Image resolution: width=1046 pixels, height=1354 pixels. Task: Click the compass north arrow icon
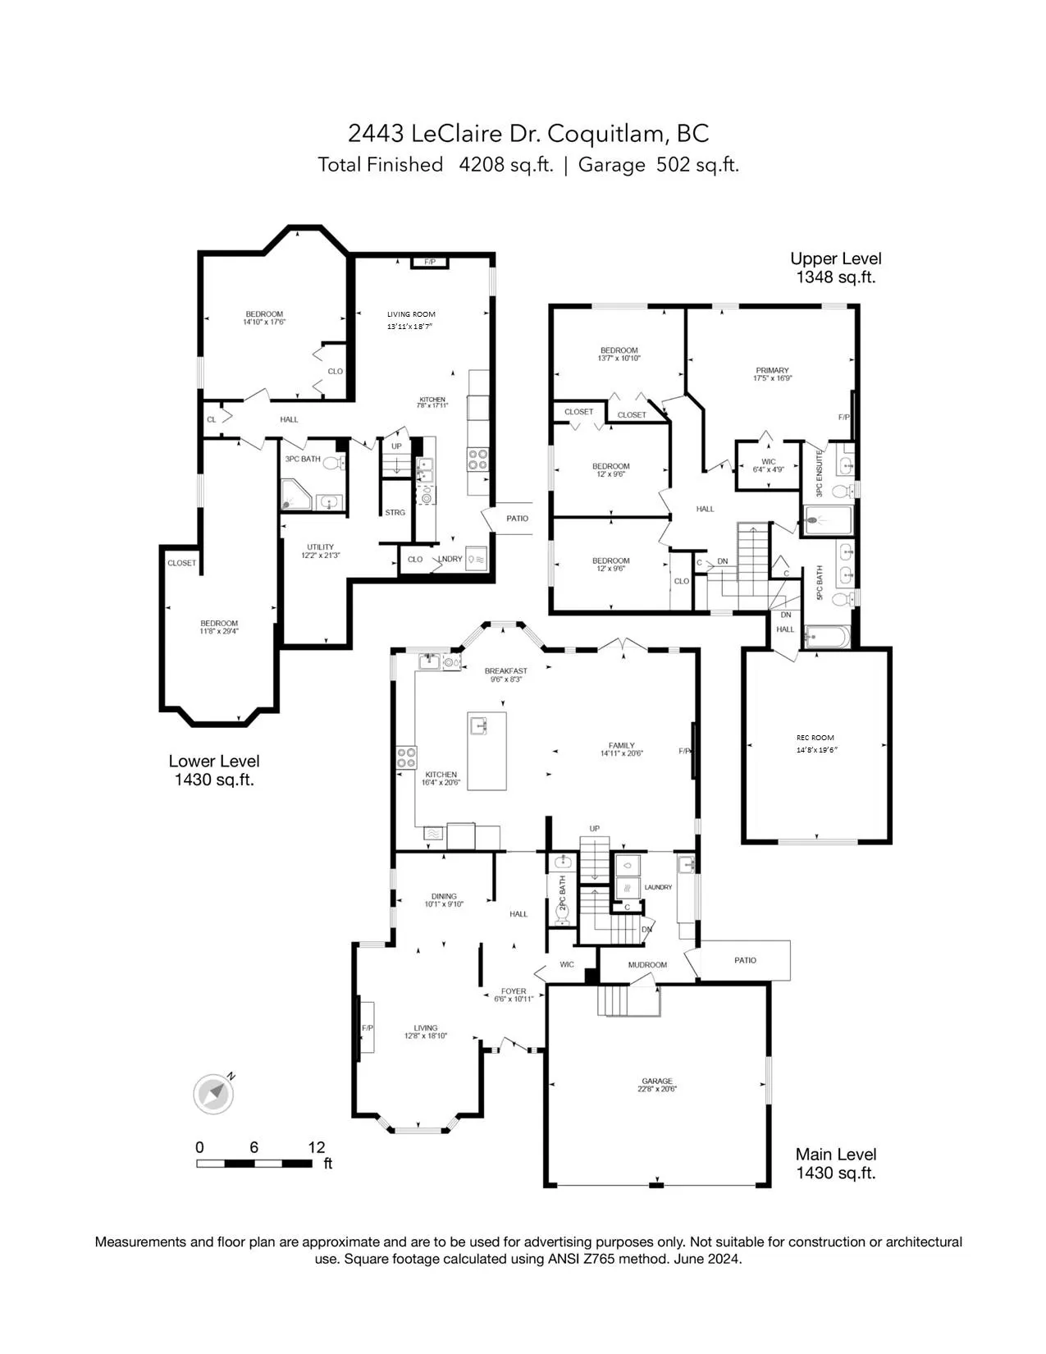coord(214,1093)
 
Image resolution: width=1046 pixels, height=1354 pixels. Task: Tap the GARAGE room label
coord(656,1082)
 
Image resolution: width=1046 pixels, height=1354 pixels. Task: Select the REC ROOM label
coord(815,738)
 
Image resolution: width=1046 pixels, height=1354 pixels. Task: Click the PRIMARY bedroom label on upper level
coord(771,371)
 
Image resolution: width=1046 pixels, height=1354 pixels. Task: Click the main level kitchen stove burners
coord(406,757)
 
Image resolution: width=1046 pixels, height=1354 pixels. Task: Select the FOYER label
coord(514,991)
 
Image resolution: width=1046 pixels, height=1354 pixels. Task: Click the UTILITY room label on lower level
coord(320,547)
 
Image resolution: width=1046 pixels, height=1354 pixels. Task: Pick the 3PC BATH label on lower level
coord(303,460)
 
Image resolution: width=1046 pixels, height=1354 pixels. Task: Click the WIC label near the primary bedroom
coord(768,462)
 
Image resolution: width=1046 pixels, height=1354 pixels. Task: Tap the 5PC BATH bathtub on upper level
coord(827,636)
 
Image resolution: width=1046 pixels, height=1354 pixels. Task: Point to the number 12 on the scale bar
coord(317,1147)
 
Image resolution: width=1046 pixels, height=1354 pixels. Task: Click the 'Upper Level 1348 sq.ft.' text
coord(835,268)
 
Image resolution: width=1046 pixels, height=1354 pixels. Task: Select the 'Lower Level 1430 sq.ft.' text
coord(214,771)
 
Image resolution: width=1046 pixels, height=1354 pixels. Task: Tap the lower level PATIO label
coord(517,519)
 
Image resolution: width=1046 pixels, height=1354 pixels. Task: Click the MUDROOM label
coord(647,965)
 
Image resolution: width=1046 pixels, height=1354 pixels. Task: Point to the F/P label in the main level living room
coord(367,1028)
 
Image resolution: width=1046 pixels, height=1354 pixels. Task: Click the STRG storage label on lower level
coord(395,513)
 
